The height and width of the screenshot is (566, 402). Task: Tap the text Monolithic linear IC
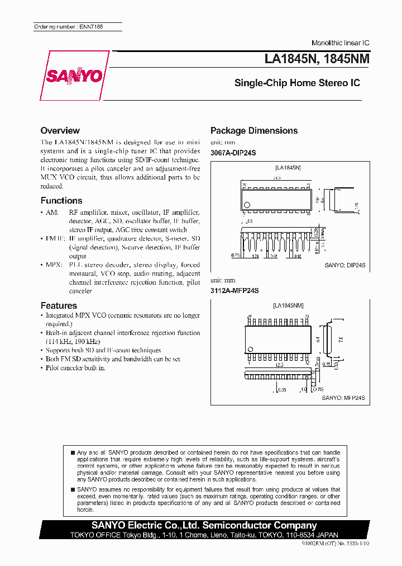(x=340, y=43)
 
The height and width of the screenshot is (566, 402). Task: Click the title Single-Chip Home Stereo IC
(x=297, y=83)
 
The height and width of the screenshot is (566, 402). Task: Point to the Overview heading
(x=60, y=130)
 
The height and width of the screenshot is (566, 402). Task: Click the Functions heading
(x=61, y=200)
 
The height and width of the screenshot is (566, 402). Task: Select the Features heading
(x=59, y=305)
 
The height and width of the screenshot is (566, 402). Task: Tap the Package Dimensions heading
(x=253, y=130)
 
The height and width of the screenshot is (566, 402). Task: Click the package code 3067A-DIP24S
(x=233, y=153)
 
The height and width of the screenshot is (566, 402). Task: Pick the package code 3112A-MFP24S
(x=234, y=291)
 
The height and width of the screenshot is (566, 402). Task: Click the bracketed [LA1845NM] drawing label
(x=288, y=305)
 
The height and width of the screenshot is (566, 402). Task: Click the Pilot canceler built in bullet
(x=75, y=367)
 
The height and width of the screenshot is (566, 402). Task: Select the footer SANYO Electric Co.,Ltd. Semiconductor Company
(x=204, y=525)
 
